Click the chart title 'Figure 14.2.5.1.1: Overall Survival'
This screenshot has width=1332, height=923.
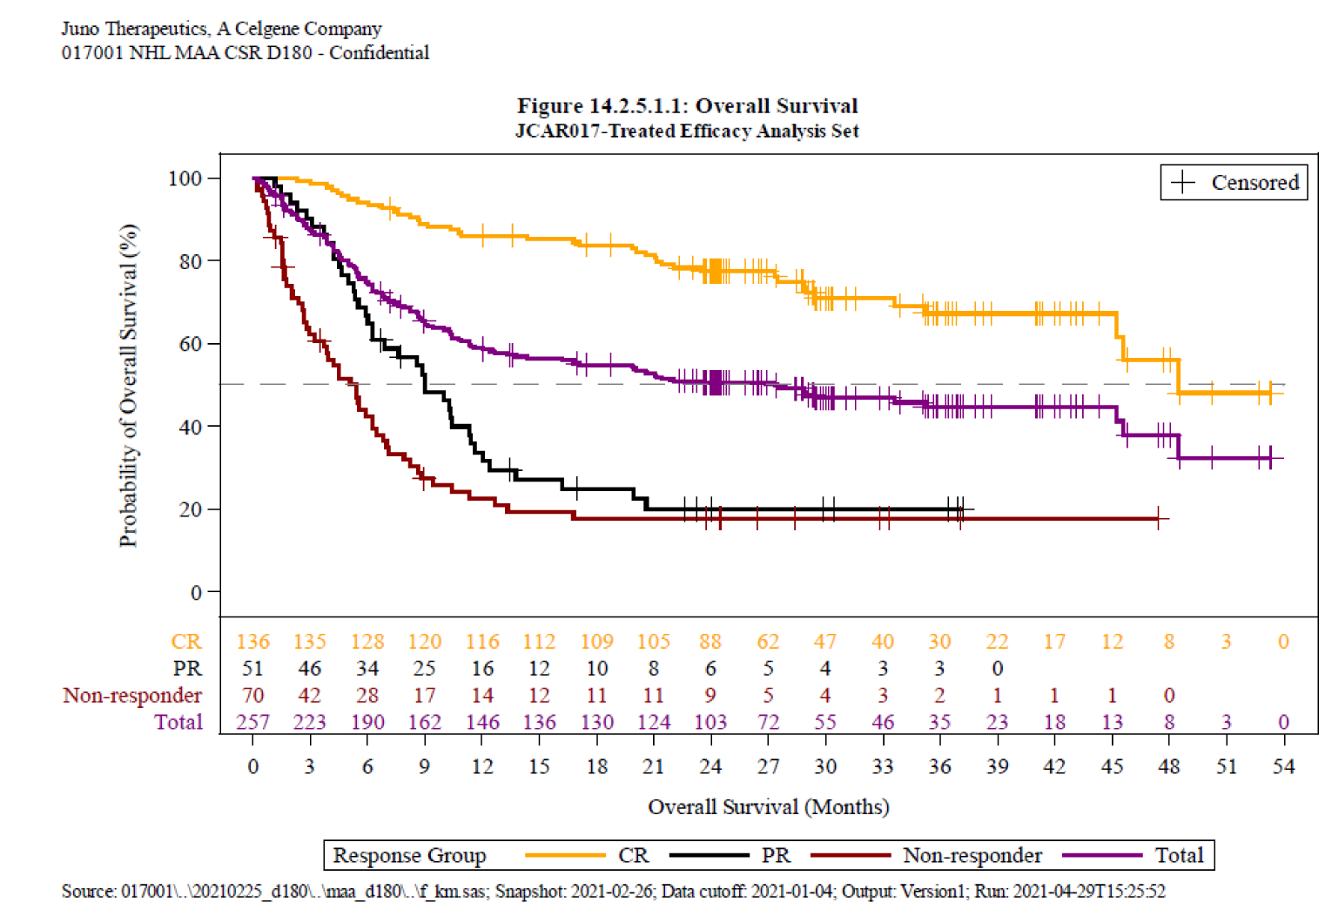click(x=687, y=106)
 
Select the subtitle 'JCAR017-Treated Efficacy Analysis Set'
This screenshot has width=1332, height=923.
click(x=687, y=131)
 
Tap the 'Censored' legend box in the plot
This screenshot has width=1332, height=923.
click(x=1234, y=183)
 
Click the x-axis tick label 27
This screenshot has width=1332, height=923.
click(x=768, y=767)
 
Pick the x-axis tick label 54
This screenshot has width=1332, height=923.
click(x=1283, y=767)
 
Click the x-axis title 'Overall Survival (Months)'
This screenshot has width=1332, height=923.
click(x=768, y=807)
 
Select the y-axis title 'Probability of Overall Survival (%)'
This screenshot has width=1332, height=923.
click(x=129, y=386)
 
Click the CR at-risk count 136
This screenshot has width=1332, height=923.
click(x=252, y=642)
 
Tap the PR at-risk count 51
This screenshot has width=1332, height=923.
click(x=252, y=669)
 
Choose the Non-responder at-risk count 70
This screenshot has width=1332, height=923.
click(x=252, y=696)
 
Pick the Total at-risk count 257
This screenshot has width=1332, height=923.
click(x=252, y=723)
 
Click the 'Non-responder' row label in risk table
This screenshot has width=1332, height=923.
click(x=132, y=696)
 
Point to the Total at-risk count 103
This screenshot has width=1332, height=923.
click(x=710, y=723)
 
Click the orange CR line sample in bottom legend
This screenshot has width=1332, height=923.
click(x=564, y=856)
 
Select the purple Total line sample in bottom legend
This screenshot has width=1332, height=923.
click(x=1101, y=856)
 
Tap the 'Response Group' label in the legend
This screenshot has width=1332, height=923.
click(x=409, y=856)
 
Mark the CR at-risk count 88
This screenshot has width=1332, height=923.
click(x=710, y=642)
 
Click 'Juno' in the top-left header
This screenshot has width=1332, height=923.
click(x=80, y=29)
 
